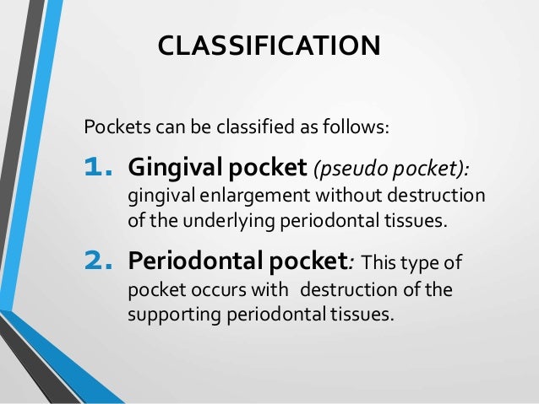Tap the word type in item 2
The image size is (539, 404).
pos(432,263)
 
